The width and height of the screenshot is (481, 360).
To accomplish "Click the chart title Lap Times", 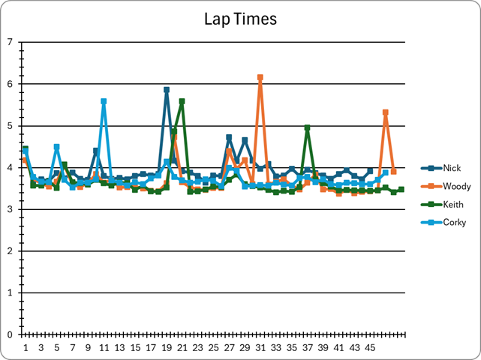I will tap(240, 19).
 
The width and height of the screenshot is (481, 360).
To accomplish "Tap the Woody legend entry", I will tap(455, 186).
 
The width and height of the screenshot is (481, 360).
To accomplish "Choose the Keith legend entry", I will tap(452, 204).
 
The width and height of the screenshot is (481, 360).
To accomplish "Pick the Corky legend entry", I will tap(453, 222).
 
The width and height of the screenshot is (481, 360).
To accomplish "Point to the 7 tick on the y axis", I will tap(10, 42).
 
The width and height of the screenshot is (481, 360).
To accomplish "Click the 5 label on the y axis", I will tap(10, 126).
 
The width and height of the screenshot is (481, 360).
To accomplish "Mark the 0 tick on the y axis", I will tap(10, 334).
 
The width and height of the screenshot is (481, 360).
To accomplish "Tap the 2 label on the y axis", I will tap(10, 251).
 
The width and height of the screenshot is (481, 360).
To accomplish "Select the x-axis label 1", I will tap(26, 348).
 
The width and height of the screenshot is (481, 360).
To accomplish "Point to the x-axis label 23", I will tap(197, 348).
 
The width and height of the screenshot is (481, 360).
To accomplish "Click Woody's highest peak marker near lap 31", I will tap(260, 77).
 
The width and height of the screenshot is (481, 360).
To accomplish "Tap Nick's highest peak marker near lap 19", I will tap(167, 90).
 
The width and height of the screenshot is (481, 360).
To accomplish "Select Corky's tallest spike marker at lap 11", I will tap(104, 101).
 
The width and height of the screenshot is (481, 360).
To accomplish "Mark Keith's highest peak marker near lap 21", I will tap(182, 101).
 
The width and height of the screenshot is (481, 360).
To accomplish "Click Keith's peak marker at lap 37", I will tap(308, 128).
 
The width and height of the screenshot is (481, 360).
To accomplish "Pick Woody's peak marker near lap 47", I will tap(386, 112).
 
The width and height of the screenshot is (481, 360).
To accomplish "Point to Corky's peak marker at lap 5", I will tap(56, 147).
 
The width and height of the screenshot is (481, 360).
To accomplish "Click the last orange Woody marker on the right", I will tap(393, 172).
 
